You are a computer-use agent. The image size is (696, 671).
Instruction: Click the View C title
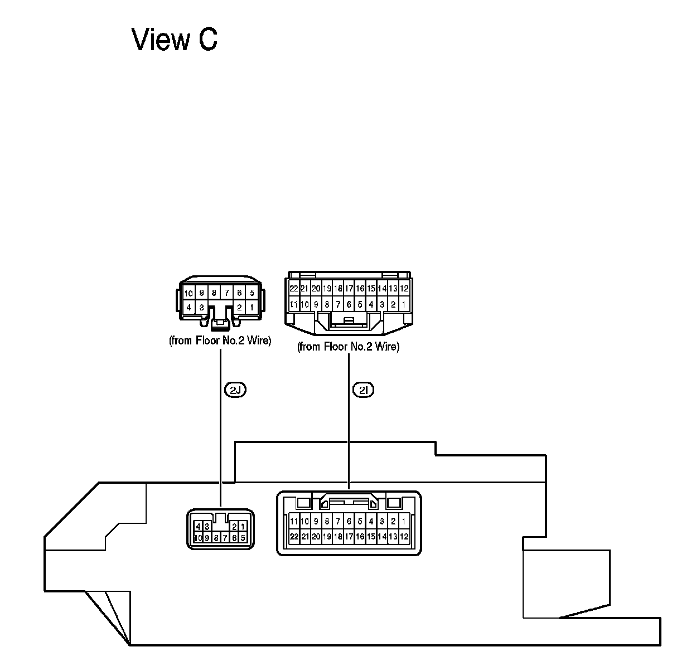pos(175,40)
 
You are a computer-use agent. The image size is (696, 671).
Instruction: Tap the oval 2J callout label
pos(235,390)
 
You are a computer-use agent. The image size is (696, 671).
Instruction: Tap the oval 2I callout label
pos(363,390)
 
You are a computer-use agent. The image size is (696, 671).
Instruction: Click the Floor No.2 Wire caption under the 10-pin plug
pos(220,341)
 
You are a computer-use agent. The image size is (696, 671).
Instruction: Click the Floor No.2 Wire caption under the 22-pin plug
pos(348,347)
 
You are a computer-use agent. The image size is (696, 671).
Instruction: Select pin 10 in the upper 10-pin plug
pos(188,293)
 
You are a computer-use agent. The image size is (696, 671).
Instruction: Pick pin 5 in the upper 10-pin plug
pos(252,293)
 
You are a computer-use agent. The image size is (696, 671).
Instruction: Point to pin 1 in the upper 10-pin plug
pos(252,307)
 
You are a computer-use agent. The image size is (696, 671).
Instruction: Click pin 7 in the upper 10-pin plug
pos(226,293)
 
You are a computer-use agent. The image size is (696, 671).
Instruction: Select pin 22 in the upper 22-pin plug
pos(294,289)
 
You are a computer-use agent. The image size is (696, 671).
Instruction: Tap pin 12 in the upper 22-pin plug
pos(404,289)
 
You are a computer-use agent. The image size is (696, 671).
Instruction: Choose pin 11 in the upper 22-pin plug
pos(294,304)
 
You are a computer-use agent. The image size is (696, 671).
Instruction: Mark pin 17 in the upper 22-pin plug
pos(349,289)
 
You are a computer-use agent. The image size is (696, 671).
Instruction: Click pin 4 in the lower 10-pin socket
pos(198,527)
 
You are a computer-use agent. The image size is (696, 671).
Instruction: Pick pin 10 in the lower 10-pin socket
pos(198,538)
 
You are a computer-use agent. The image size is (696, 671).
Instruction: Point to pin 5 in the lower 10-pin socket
pos(243,538)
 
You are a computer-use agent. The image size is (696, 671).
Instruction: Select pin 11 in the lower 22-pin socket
pos(294,522)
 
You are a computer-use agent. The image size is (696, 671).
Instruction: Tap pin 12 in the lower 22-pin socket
pos(404,537)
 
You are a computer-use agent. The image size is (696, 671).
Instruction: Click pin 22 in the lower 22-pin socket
pos(294,537)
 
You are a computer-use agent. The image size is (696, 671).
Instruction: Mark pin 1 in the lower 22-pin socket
pos(404,522)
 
